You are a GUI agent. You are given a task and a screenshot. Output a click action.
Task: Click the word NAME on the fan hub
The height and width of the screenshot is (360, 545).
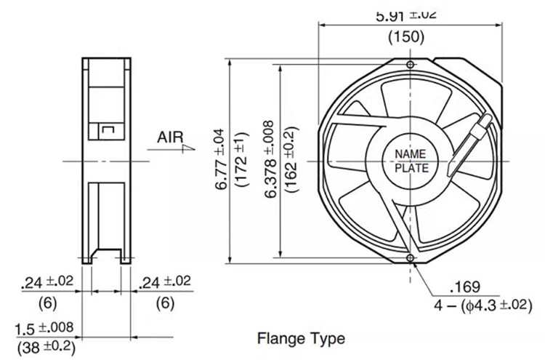411,153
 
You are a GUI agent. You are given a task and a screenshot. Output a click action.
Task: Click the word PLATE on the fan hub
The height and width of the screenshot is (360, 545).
411,169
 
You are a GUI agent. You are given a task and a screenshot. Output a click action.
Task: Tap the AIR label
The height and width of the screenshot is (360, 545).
170,136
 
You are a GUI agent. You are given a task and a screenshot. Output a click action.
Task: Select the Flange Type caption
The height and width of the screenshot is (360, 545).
301,338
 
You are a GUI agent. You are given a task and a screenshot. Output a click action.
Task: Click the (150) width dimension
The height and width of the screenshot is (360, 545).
408,37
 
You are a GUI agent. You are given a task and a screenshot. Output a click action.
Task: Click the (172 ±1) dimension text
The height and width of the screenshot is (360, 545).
243,159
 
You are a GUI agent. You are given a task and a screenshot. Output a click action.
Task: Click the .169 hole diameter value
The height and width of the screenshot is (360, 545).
465,287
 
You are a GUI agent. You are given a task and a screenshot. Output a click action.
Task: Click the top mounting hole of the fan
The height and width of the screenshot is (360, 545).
411,65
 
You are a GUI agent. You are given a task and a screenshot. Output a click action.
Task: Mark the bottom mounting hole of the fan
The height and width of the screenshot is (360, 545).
411,257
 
